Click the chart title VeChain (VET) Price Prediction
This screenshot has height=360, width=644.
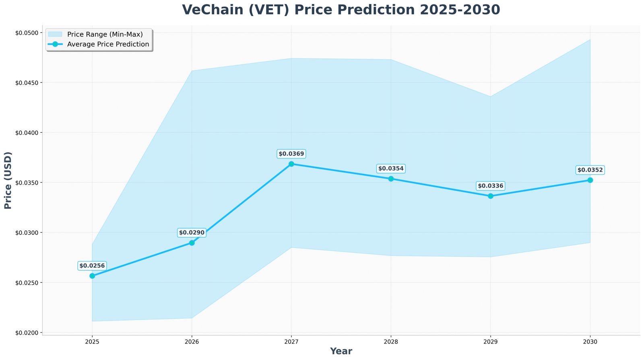[341, 10]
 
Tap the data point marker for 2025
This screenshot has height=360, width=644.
[92, 276]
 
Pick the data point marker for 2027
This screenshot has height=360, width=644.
[291, 164]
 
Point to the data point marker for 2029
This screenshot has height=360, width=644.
[490, 196]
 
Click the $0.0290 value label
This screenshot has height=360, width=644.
[192, 232]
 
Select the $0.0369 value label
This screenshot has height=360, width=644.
[291, 154]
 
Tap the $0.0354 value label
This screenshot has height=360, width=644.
[391, 169]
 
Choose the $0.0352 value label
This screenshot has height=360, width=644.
[590, 170]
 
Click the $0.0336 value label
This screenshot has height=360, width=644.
[490, 186]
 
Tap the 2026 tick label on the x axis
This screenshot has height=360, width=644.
[192, 341]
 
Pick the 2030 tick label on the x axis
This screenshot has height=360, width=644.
[590, 341]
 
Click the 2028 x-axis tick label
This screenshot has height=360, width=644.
[391, 341]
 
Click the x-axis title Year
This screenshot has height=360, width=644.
[341, 351]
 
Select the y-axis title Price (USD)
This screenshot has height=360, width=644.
[8, 180]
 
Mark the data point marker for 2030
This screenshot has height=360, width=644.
[590, 180]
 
